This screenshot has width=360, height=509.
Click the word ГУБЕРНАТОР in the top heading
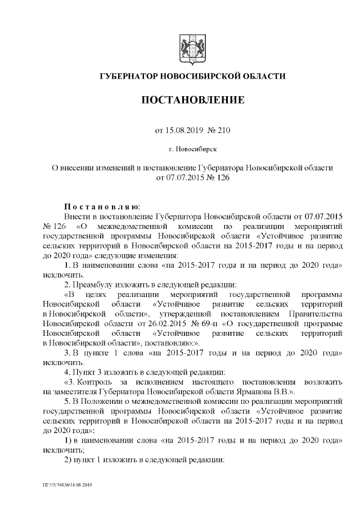point(129,76)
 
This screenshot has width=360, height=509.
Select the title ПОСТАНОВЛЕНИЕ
point(192,101)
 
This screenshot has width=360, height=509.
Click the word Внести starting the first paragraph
point(76,216)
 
